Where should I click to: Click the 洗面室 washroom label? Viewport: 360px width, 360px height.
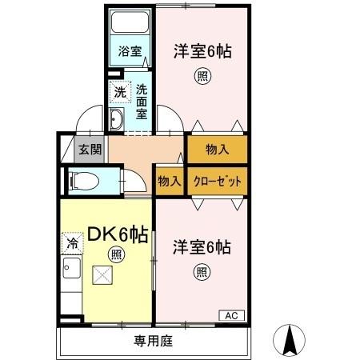(x=142, y=101)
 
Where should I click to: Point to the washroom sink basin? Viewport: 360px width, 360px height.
(x=116, y=121)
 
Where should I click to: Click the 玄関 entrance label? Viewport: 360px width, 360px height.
(x=90, y=149)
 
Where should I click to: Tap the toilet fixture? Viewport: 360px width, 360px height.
(x=87, y=180)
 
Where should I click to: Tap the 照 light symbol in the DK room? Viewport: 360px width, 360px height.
(x=117, y=255)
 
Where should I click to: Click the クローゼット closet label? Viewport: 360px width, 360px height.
(x=217, y=181)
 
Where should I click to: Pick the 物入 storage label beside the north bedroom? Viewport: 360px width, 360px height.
(x=217, y=148)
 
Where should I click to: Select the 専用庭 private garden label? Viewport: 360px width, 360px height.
(x=153, y=341)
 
